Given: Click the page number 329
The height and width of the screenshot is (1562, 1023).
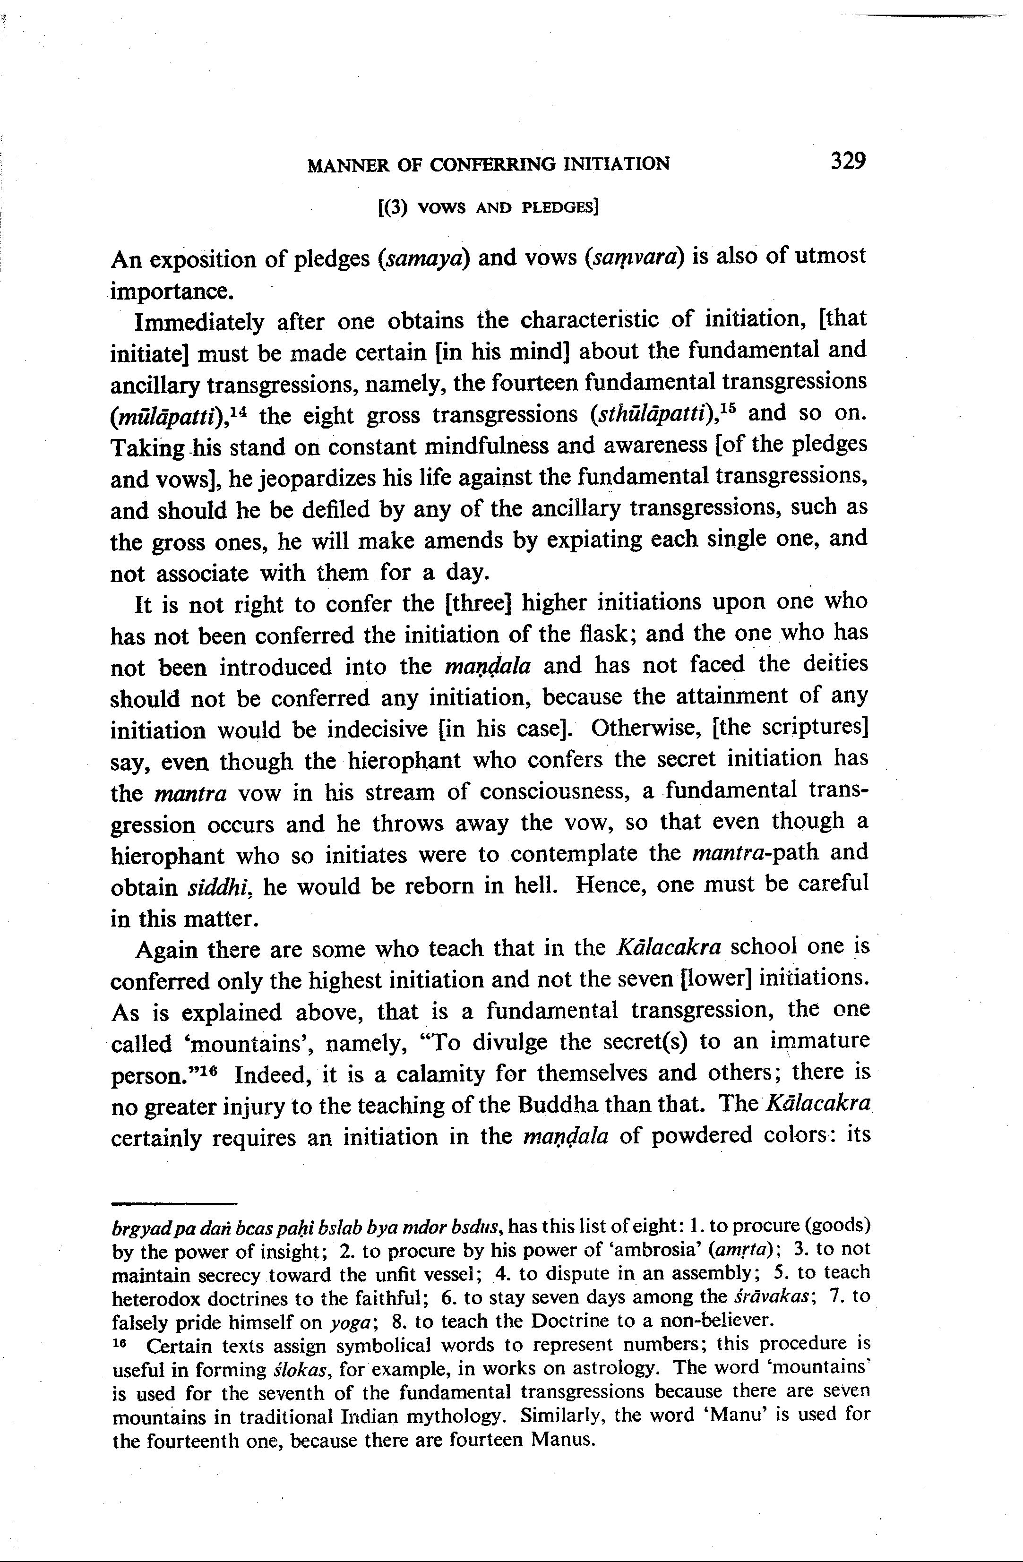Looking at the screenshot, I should click(848, 161).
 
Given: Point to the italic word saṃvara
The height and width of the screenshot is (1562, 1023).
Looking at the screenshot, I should click(633, 257).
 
